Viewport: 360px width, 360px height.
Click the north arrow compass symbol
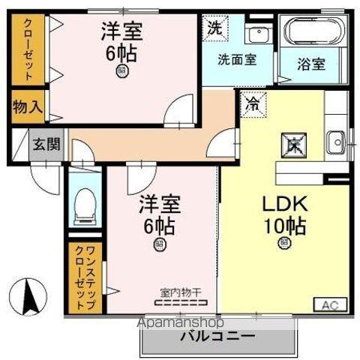(x=28, y=295)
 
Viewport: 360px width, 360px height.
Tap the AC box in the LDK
(x=330, y=304)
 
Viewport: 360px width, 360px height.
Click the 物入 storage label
(x=27, y=106)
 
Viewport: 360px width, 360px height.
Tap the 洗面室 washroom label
(x=237, y=60)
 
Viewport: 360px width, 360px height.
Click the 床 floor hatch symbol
(x=291, y=145)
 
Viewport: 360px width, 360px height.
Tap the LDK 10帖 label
(x=283, y=213)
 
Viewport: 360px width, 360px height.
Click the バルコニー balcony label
(x=217, y=335)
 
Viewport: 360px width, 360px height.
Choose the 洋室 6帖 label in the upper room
(x=122, y=43)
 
